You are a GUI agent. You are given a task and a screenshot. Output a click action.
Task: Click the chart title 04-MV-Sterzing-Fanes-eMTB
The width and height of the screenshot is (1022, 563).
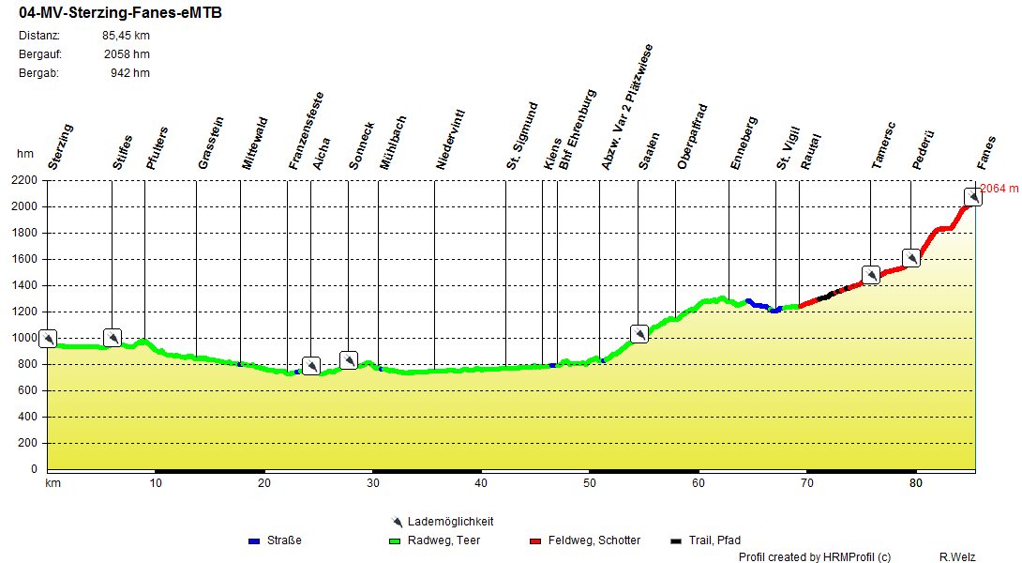point(120,13)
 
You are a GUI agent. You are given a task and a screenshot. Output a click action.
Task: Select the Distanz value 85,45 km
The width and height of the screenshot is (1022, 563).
point(126,36)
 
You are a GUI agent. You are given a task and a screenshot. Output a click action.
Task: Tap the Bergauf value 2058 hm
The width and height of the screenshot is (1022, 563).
point(127,54)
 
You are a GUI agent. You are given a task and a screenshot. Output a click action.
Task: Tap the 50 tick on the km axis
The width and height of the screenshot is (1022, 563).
point(589,483)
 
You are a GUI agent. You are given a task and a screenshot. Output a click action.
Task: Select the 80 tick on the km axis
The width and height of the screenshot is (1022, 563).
point(915,483)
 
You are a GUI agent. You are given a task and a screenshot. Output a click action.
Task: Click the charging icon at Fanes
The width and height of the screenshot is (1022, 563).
point(973,196)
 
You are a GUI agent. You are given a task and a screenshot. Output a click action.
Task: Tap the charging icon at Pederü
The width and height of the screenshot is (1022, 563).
point(910,257)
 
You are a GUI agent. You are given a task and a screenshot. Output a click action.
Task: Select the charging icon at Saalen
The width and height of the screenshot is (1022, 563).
point(639,333)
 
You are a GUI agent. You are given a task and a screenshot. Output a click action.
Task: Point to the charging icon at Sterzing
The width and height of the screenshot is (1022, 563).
point(48,338)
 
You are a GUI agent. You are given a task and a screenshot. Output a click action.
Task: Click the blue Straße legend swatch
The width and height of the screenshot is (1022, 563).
point(253,541)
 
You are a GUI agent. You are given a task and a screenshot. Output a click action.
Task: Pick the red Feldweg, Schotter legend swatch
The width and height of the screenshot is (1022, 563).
point(535,541)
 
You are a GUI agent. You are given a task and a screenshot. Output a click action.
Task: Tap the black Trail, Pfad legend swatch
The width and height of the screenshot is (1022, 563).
point(676,541)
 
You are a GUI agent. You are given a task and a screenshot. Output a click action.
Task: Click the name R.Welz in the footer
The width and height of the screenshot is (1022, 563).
point(956,557)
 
